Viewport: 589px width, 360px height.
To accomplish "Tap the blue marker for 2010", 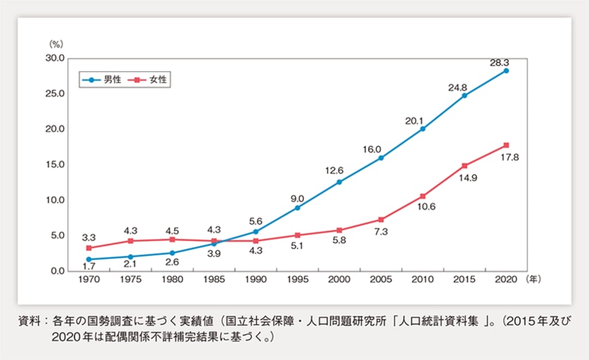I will (422, 129).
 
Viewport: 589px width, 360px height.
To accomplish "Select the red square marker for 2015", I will (464, 165).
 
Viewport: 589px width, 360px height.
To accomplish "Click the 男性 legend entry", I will (104, 80).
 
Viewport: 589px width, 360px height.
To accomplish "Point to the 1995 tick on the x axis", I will (297, 278).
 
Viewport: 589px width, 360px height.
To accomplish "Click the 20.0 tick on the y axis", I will (53, 129).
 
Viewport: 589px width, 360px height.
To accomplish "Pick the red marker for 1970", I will (89, 248).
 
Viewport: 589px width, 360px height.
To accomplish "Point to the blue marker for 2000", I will (339, 182).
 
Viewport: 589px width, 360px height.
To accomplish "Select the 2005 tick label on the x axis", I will (380, 278).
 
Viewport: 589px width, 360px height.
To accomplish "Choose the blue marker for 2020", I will (506, 70).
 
